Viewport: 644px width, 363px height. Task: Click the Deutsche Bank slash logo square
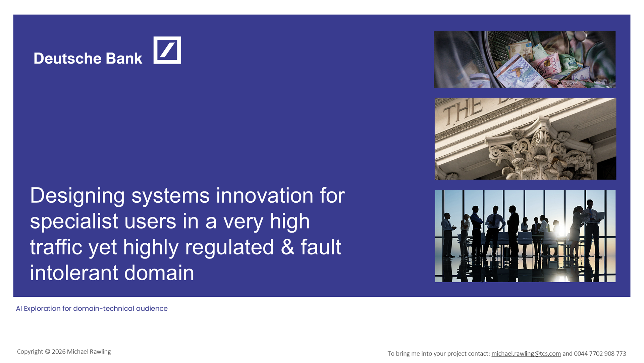click(167, 50)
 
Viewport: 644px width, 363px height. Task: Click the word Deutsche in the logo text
click(67, 58)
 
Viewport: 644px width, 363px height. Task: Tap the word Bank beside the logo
click(124, 58)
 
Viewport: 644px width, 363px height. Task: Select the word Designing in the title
click(77, 196)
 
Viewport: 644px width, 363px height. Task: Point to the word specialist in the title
click(74, 221)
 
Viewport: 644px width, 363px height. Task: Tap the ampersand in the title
click(287, 247)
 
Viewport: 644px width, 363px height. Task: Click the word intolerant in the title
click(74, 273)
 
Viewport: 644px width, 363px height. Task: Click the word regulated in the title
click(229, 247)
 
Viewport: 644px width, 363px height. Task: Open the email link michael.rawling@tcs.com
click(526, 354)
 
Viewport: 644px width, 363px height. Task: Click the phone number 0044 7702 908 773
click(600, 354)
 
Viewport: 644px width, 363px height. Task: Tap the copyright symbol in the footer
click(47, 352)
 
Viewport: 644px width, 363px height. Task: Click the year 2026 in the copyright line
click(59, 352)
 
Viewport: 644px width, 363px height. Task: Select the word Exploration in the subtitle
click(42, 309)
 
